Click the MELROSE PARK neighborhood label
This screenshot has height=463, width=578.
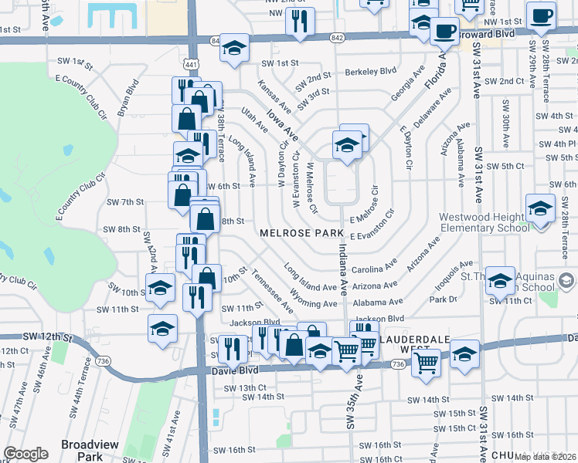click(301, 232)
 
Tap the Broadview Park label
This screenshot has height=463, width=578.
click(83, 450)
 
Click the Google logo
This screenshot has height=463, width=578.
click(25, 454)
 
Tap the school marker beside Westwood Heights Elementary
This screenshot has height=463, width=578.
click(540, 208)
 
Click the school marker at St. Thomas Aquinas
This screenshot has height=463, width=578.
click(501, 282)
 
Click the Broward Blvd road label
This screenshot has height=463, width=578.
click(496, 34)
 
